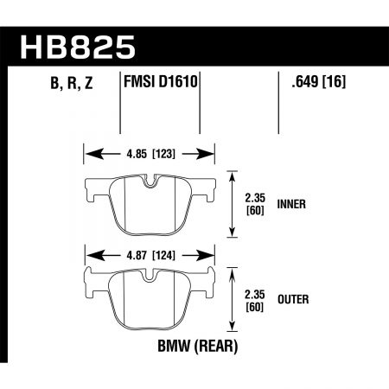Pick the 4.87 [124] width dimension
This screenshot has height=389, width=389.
point(148,256)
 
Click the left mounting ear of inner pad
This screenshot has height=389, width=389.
point(93,184)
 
